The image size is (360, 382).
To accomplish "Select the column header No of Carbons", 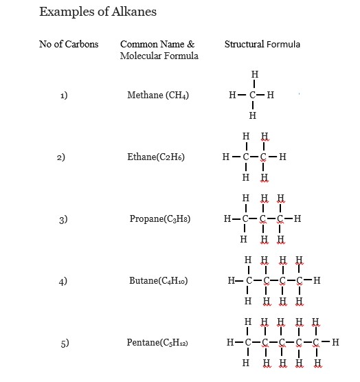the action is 69,45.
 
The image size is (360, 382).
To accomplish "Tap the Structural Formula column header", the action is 262,45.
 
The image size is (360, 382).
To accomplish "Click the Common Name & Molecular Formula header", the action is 158,50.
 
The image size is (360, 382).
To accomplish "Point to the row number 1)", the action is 63,95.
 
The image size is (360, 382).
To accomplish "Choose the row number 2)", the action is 60,157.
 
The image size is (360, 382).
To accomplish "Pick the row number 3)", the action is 63,220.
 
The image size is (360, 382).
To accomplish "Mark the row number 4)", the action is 63,281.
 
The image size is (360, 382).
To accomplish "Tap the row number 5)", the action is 64,343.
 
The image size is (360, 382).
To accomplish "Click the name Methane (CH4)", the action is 158,95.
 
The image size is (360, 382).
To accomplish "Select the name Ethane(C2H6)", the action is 156,157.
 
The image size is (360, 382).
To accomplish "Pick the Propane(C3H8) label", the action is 160,219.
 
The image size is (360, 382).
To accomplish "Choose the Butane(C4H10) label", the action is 159,281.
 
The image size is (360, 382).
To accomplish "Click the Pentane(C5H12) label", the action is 157,343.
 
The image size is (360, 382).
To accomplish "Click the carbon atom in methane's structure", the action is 253,95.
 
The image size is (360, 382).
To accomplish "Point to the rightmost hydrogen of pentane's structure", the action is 335,341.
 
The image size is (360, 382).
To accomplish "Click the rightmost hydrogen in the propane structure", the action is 297,220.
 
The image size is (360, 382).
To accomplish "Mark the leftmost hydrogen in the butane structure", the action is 231,280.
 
